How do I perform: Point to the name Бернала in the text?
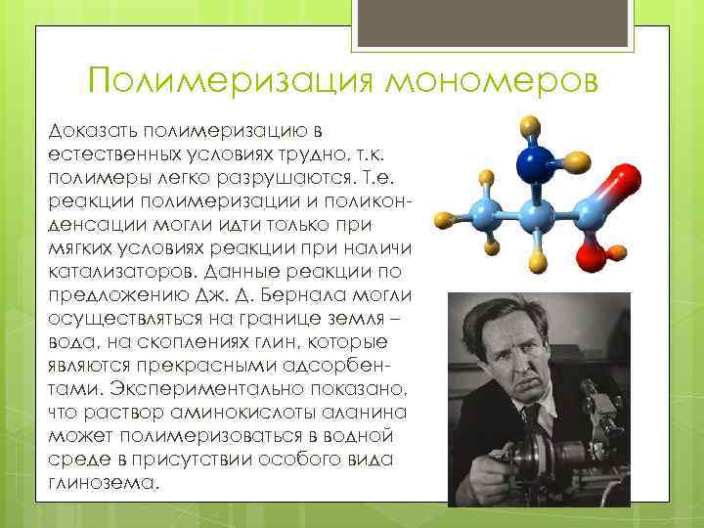pos(321,292)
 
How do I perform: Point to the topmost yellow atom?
pos(530,124)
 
